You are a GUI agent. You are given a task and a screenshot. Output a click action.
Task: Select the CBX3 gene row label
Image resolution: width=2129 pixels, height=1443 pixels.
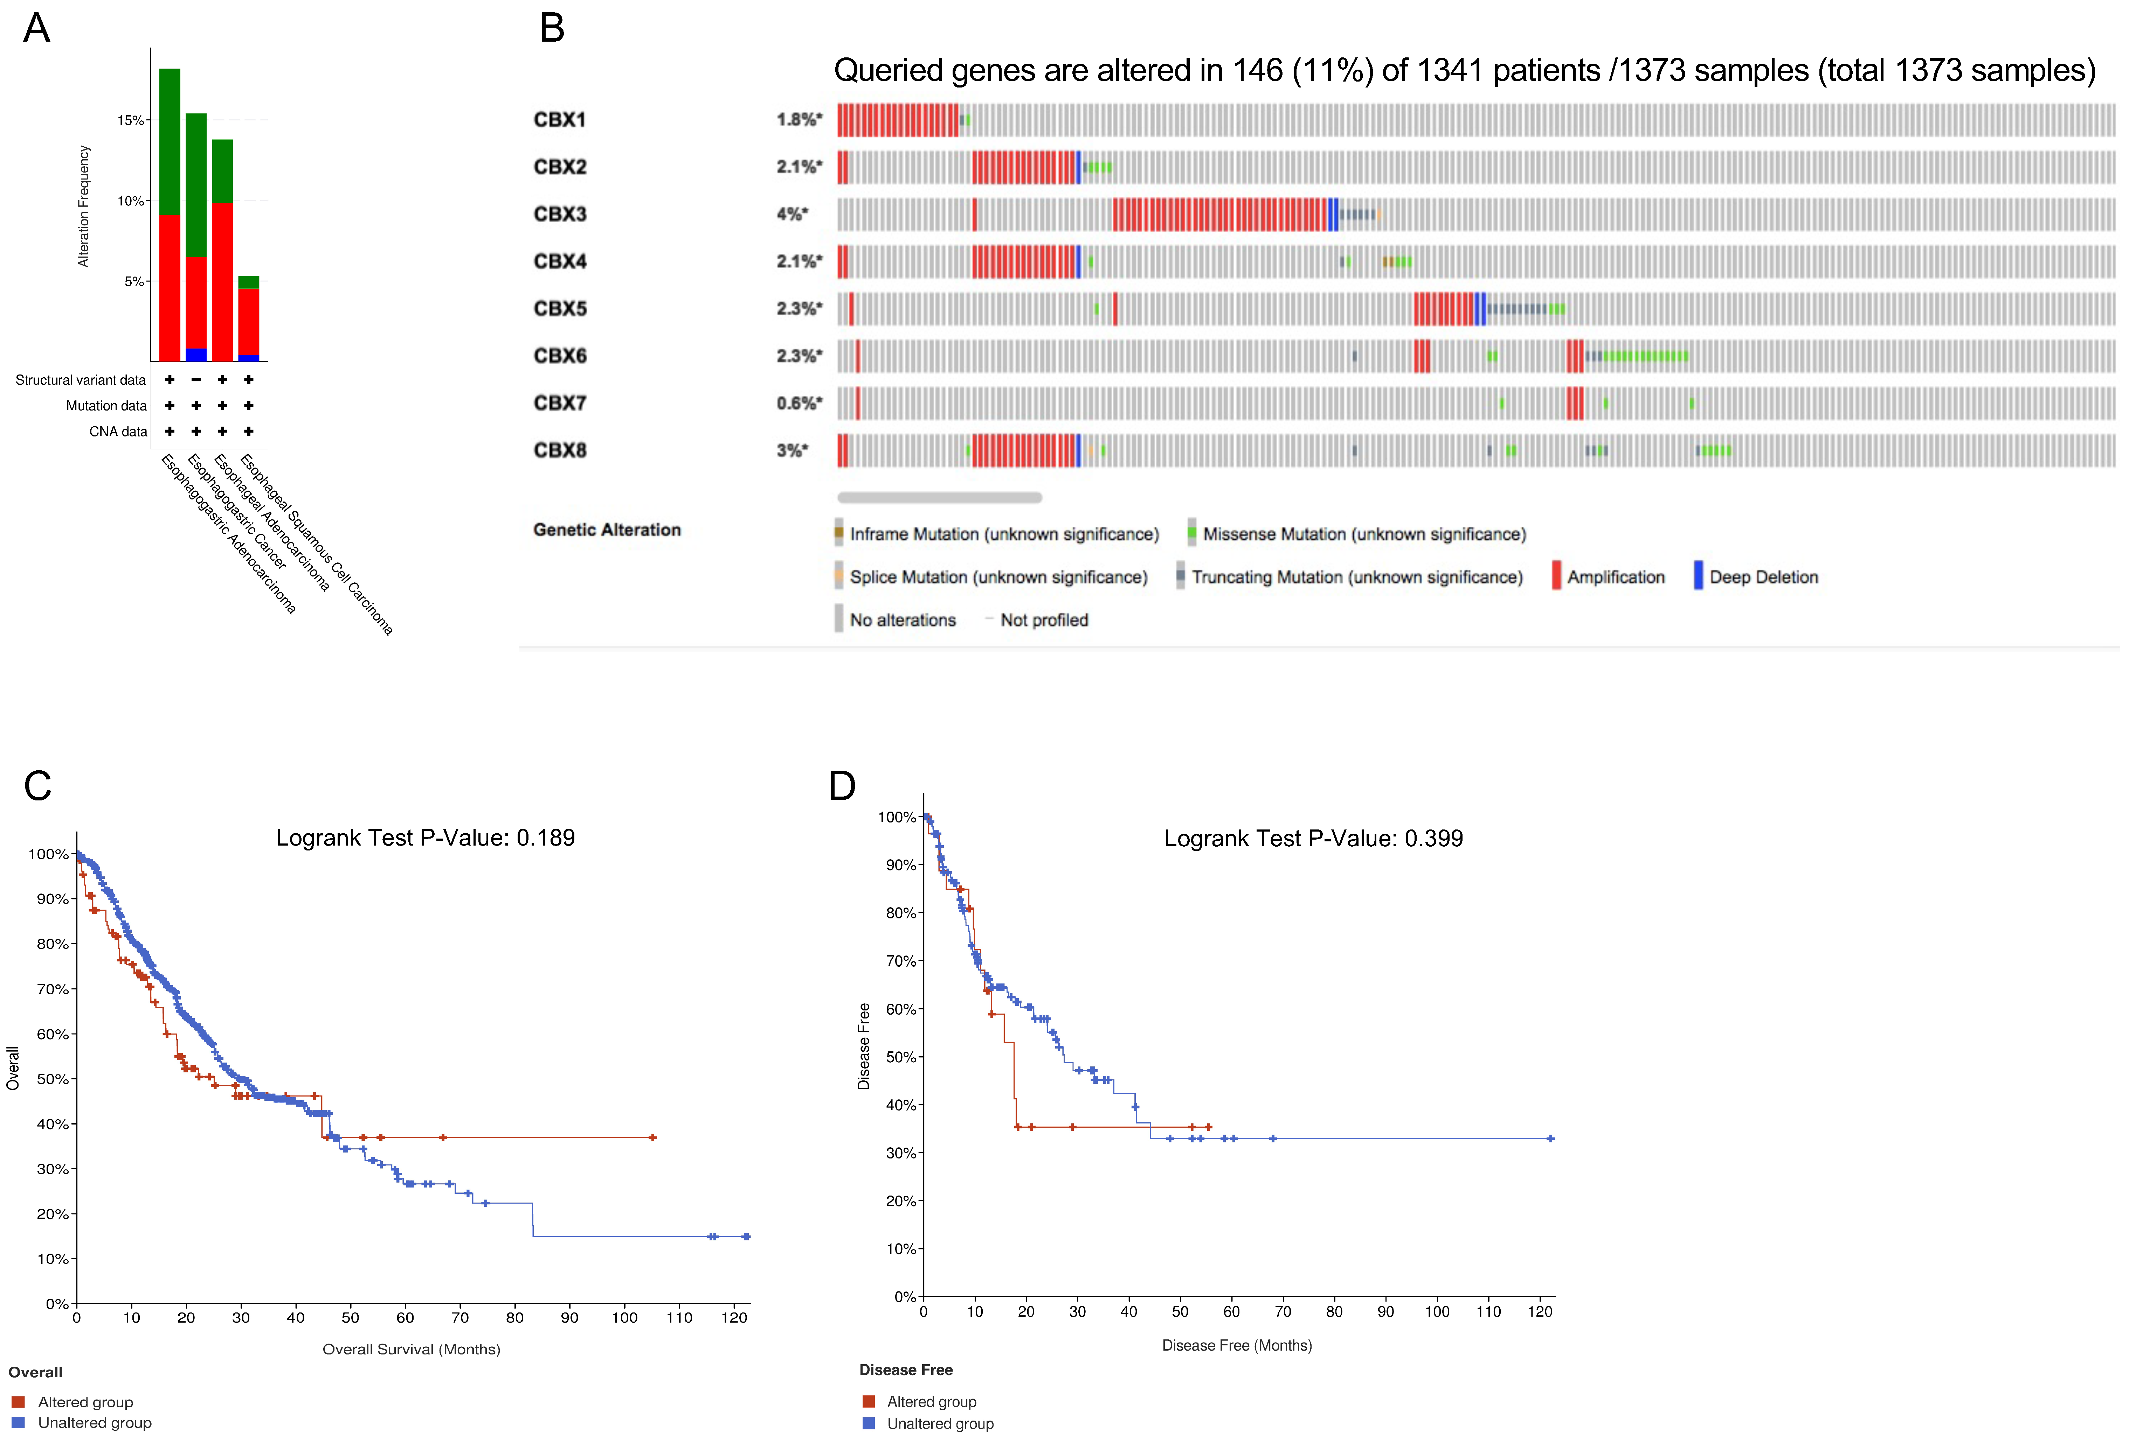click(560, 214)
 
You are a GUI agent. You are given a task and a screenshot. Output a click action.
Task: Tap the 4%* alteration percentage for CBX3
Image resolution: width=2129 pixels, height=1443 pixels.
click(792, 214)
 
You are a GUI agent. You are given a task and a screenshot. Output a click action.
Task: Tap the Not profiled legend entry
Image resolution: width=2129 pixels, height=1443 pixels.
click(1043, 620)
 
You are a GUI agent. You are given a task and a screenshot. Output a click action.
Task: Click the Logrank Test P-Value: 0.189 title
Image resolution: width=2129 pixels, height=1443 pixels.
click(425, 838)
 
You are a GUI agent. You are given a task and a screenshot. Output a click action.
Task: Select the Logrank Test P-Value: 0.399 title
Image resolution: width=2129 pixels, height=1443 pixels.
click(1313, 839)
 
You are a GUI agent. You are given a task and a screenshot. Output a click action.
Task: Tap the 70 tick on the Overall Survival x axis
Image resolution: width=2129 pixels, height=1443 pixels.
click(460, 1318)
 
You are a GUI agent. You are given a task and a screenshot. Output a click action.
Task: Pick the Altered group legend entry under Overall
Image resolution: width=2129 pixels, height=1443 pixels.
click(84, 1402)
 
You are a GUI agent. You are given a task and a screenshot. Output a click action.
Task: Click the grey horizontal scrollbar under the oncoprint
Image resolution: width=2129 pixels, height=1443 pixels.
click(939, 497)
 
